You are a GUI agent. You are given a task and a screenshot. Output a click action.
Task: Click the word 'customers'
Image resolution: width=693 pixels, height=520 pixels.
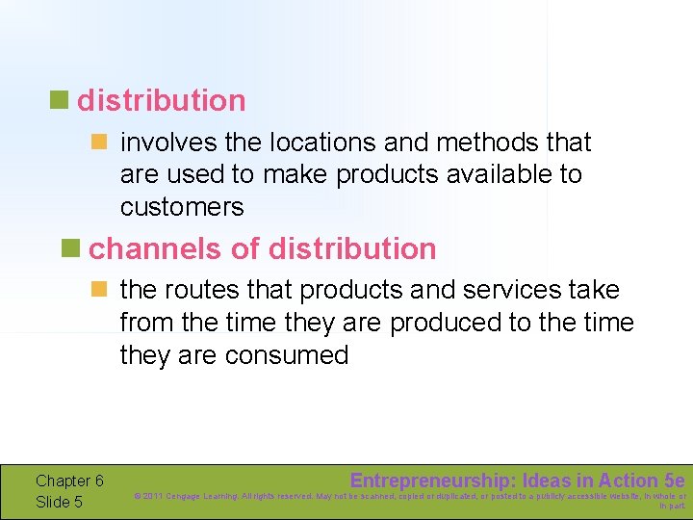[182, 207]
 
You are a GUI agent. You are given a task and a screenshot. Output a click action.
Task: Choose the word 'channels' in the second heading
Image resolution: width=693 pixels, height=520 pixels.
[156, 248]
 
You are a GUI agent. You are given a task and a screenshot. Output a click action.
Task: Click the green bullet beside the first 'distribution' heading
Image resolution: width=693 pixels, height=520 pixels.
[60, 99]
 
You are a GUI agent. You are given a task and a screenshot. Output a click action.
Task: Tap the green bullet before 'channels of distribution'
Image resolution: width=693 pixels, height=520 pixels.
[71, 247]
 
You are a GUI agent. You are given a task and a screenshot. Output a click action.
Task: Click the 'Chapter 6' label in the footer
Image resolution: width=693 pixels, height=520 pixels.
[69, 481]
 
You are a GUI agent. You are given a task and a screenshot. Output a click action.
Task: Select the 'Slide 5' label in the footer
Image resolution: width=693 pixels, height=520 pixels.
[59, 502]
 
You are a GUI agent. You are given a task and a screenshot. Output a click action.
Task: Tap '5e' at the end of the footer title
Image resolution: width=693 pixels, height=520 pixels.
[674, 481]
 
